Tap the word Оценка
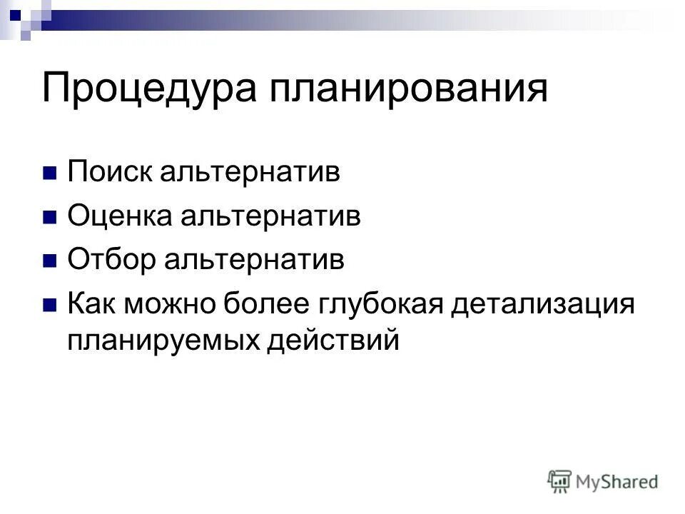tap(118, 217)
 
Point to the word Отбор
tap(112, 260)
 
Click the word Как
tap(93, 303)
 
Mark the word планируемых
tap(163, 341)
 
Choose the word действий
tap(332, 341)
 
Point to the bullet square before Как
tap(49, 304)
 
